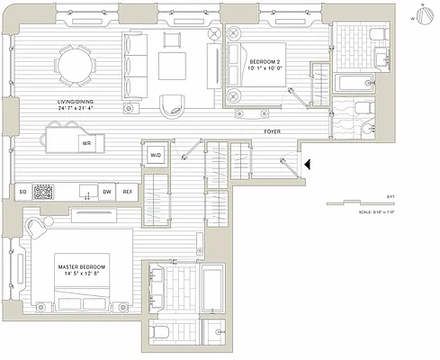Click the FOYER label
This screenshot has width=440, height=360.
pyautogui.click(x=275, y=131)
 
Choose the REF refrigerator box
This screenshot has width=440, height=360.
pyautogui.click(x=128, y=192)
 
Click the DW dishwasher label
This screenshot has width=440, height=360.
pyautogui.click(x=106, y=192)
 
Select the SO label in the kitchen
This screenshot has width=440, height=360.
pyautogui.click(x=22, y=192)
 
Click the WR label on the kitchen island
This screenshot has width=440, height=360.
pyautogui.click(x=85, y=142)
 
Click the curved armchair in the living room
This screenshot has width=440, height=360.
pyautogui.click(x=172, y=104)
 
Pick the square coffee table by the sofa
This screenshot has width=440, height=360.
pyautogui.click(x=174, y=66)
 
